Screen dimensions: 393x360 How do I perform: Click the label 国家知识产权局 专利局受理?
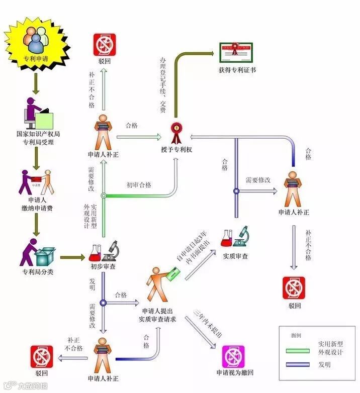tap(35, 138)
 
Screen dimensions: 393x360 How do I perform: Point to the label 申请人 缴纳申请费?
tap(35, 204)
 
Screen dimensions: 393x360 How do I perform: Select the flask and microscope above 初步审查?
tap(103, 251)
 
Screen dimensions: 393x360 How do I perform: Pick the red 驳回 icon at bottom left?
tap(42, 356)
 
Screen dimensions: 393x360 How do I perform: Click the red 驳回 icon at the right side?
tap(294, 288)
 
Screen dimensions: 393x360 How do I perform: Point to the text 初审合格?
tap(139, 184)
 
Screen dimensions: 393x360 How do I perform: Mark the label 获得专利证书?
tap(237, 70)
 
